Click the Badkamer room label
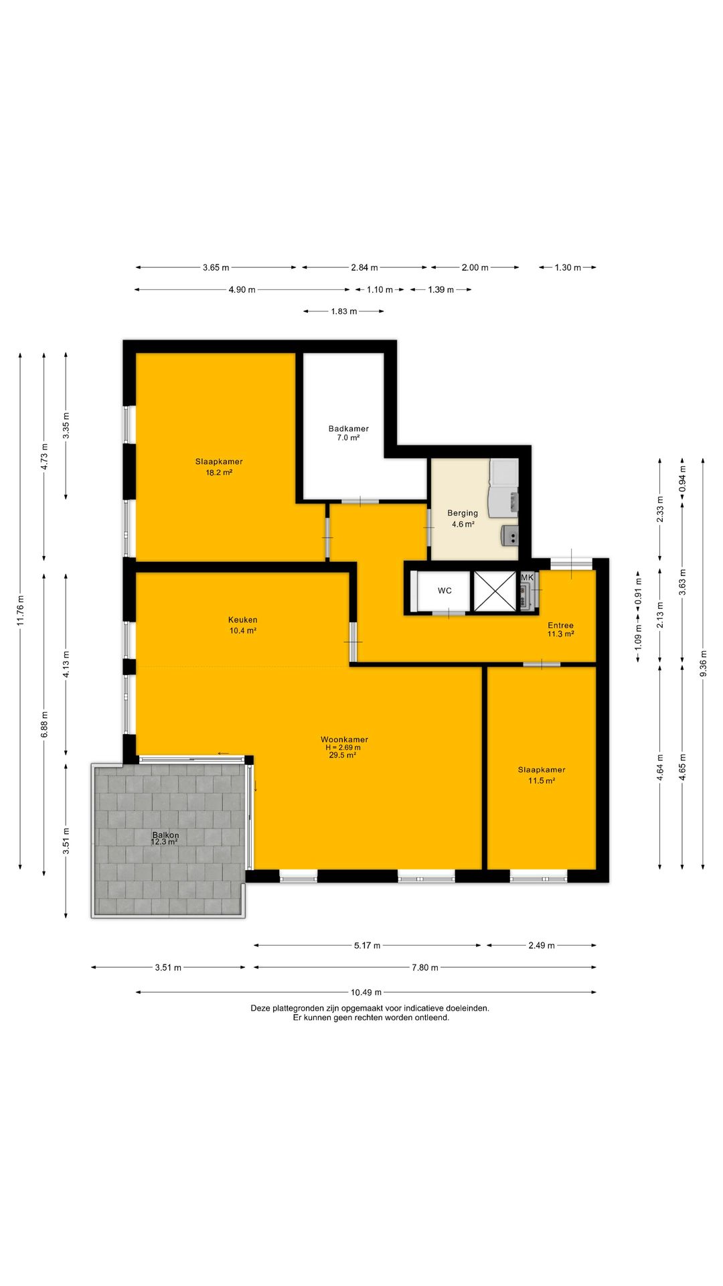pyautogui.click(x=348, y=429)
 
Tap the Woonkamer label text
pyautogui.click(x=344, y=739)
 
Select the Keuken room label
pyautogui.click(x=242, y=620)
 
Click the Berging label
pyautogui.click(x=463, y=514)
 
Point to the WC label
pyautogui.click(x=445, y=591)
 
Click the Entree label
pyautogui.click(x=560, y=626)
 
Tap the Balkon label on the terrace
pyautogui.click(x=165, y=835)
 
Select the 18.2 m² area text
pyautogui.click(x=219, y=472)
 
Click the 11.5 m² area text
pyautogui.click(x=542, y=781)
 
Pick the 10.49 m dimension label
pyautogui.click(x=366, y=993)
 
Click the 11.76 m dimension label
pyautogui.click(x=21, y=611)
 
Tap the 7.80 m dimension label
pyautogui.click(x=425, y=968)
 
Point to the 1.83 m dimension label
pyautogui.click(x=344, y=311)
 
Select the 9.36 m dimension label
pyautogui.click(x=703, y=664)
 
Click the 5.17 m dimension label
pyautogui.click(x=367, y=946)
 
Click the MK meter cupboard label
pyautogui.click(x=528, y=577)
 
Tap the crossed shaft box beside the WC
pyautogui.click(x=495, y=591)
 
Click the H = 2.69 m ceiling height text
pyautogui.click(x=343, y=747)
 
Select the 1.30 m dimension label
pyautogui.click(x=568, y=268)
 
